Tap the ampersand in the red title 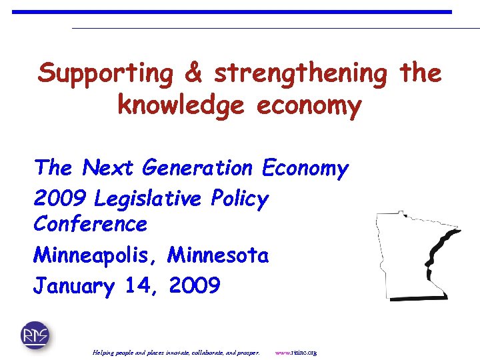pos(193,73)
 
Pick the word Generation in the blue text pos(199,168)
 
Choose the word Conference pos(90,224)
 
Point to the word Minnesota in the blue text pos(219,255)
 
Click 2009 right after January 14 pos(195,286)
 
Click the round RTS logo pos(35,335)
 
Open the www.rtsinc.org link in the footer pos(296,352)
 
